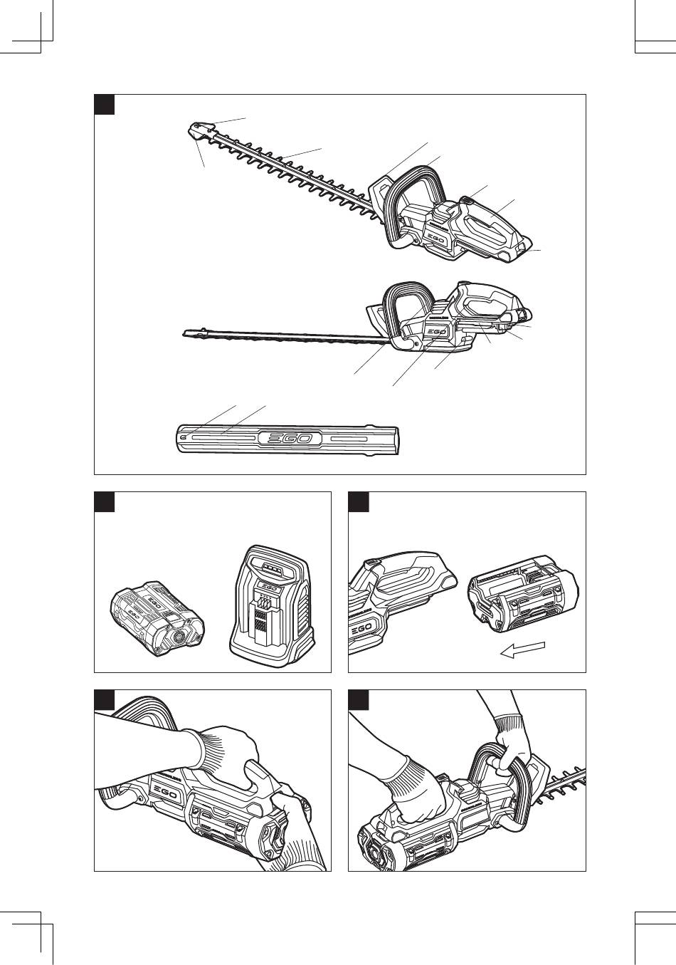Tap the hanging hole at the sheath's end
click(x=185, y=437)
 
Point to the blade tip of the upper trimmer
click(x=195, y=129)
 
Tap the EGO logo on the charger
click(x=268, y=588)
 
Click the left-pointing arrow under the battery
click(x=523, y=650)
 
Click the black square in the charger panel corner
click(x=105, y=501)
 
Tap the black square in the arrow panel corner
click(x=358, y=501)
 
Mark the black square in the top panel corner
click(x=105, y=104)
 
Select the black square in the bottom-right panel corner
click(x=358, y=699)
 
